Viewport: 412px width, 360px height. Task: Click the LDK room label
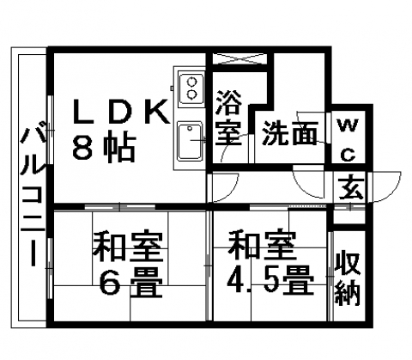[121, 112]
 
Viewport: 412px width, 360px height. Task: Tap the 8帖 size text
[104, 148]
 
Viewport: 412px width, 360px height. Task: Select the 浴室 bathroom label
[228, 118]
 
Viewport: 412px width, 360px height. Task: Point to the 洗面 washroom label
[290, 132]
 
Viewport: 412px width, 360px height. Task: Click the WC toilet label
[348, 140]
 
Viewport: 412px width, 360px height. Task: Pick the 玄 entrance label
[351, 188]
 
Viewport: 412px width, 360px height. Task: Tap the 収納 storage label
[347, 278]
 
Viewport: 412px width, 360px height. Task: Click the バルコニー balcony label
[33, 195]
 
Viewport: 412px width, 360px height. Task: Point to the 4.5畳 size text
[270, 280]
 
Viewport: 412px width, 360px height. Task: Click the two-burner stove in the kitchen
[191, 88]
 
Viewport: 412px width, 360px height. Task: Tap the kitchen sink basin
[190, 141]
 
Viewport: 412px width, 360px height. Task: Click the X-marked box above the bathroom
[239, 58]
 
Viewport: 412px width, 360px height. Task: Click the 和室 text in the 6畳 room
[128, 246]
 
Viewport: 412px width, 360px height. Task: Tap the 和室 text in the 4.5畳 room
[262, 244]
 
